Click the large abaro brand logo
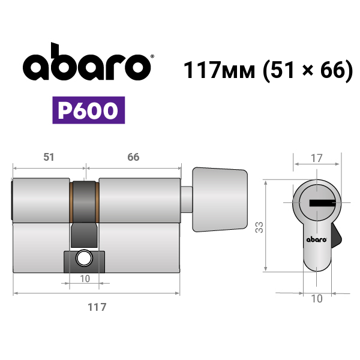[x=87, y=62]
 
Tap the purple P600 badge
[x=89, y=110]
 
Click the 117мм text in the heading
[x=219, y=70]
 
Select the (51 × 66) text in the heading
[x=308, y=70]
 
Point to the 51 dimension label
[x=49, y=157]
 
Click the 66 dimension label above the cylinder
[x=133, y=157]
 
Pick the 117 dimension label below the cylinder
[x=97, y=307]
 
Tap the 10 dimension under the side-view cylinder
[x=85, y=279]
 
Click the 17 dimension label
[x=317, y=158]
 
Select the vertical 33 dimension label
[x=259, y=227]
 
